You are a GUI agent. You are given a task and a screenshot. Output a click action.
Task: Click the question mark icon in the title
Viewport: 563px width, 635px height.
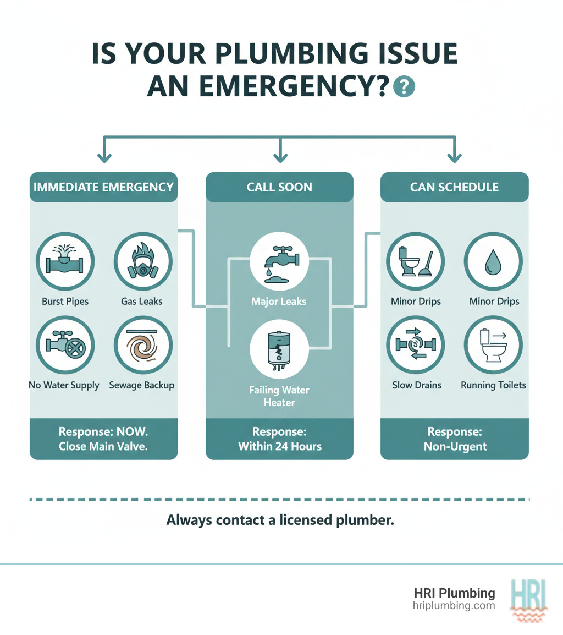405,87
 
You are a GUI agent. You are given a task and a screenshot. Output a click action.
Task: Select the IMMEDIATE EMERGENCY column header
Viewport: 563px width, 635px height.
103,187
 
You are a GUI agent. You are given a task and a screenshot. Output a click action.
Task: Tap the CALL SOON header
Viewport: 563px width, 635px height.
279,187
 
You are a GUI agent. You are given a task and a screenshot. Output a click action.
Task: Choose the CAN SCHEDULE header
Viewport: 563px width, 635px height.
454,187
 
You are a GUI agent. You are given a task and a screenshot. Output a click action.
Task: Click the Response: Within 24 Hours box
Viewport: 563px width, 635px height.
279,439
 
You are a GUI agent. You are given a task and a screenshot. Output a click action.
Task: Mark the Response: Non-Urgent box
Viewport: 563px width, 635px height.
454,439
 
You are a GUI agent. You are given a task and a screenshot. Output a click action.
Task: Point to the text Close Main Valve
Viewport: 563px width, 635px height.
103,446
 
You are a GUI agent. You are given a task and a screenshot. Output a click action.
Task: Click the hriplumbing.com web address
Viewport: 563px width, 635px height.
454,605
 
